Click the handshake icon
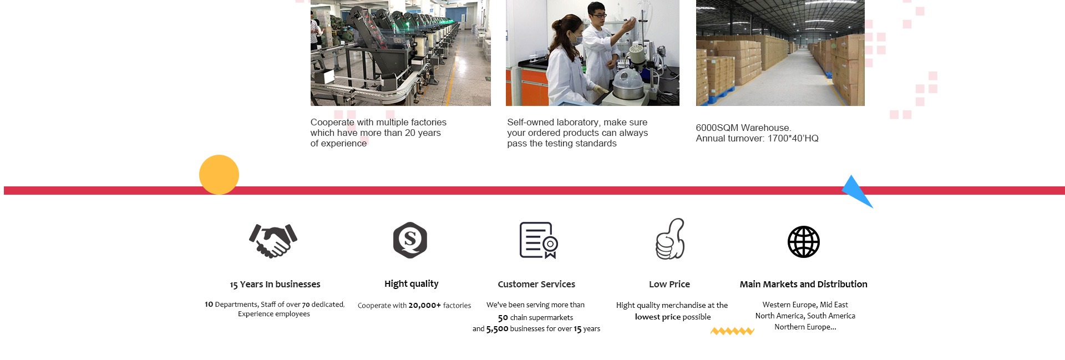point(273,240)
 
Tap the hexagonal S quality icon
point(410,240)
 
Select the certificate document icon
point(538,240)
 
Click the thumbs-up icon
point(670,239)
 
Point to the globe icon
point(804,242)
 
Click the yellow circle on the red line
point(219,175)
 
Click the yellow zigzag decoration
point(732,331)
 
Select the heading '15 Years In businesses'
point(275,285)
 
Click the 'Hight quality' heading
point(412,284)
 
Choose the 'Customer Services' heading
point(536,284)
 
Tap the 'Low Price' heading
point(670,284)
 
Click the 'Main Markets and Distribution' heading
point(804,284)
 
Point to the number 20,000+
point(425,305)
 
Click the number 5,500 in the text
point(497,329)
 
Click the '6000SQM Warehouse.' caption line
point(743,128)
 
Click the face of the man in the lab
point(596,12)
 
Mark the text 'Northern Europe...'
point(805,327)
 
